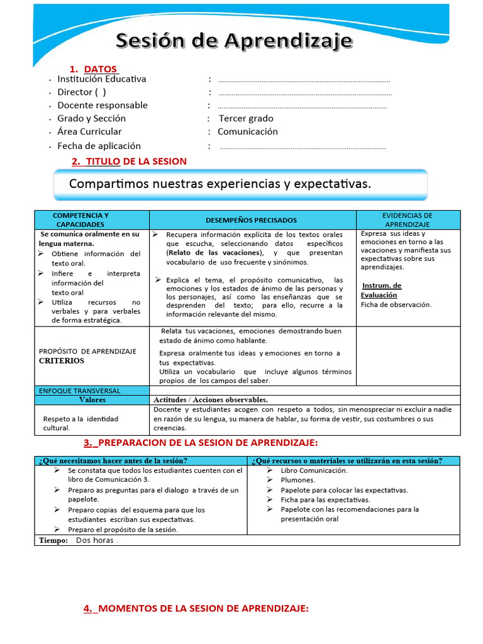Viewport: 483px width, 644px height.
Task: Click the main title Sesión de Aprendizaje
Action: tap(235, 43)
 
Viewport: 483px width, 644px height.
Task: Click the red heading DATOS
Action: tap(100, 69)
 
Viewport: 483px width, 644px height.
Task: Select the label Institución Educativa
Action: tap(102, 79)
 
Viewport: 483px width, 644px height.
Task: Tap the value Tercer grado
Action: tap(246, 118)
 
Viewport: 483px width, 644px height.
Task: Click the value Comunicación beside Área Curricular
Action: tap(248, 131)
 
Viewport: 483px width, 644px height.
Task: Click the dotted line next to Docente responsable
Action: tap(302, 106)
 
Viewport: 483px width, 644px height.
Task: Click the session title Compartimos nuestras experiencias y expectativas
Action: tap(220, 184)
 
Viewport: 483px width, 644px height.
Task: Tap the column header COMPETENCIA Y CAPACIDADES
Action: tap(80, 219)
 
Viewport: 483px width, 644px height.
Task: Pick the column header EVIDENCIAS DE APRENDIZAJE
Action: tap(408, 219)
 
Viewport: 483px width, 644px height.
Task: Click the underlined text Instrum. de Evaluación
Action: tap(381, 290)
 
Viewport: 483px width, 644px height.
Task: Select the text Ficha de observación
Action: tap(396, 304)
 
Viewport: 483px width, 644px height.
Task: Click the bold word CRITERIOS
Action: tap(61, 361)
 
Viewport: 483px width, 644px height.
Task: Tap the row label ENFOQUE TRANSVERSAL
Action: tap(79, 391)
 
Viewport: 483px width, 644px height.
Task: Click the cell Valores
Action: tap(92, 399)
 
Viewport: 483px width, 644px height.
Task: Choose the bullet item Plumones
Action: tap(298, 480)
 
